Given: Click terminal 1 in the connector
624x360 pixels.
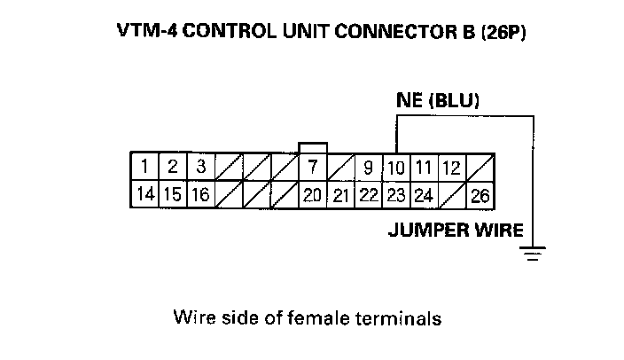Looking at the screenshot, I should point(144,167).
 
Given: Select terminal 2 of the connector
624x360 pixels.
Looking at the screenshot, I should point(172,167).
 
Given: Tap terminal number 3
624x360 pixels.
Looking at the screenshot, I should point(200,167).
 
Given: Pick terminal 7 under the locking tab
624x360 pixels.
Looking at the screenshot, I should point(312,167).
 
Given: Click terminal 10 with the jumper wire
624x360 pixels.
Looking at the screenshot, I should point(396,167).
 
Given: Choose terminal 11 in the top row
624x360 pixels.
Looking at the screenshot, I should point(424,167).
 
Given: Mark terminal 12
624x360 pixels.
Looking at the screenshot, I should point(451,167).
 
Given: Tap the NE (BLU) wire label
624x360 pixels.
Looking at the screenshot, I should point(437,101).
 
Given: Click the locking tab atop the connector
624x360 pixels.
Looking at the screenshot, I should point(313,147).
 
